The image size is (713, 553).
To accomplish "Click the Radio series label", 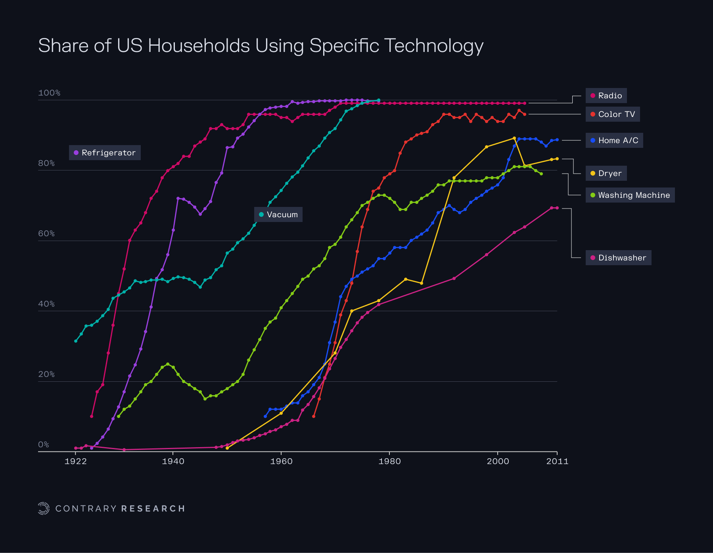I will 606,96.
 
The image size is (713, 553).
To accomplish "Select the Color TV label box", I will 613,114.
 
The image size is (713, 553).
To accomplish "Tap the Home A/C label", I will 614,140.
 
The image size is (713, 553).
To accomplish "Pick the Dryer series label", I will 606,173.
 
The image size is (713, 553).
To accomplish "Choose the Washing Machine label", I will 630,195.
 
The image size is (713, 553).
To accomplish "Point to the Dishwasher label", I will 618,258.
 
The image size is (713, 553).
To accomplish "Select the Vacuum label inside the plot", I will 278,214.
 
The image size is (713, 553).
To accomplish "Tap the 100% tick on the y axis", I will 49,93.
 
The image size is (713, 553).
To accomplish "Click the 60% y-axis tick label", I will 46,233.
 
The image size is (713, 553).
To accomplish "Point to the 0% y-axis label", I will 44,444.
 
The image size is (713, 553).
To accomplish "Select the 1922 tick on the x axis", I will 75,461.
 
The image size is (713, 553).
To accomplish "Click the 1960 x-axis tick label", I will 281,461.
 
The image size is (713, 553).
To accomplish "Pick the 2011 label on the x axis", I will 557,461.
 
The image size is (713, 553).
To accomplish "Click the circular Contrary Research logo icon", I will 44,508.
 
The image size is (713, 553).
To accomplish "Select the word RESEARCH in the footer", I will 153,509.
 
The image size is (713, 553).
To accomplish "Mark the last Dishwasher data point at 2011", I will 557,208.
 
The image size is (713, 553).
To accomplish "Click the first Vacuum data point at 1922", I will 76,341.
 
